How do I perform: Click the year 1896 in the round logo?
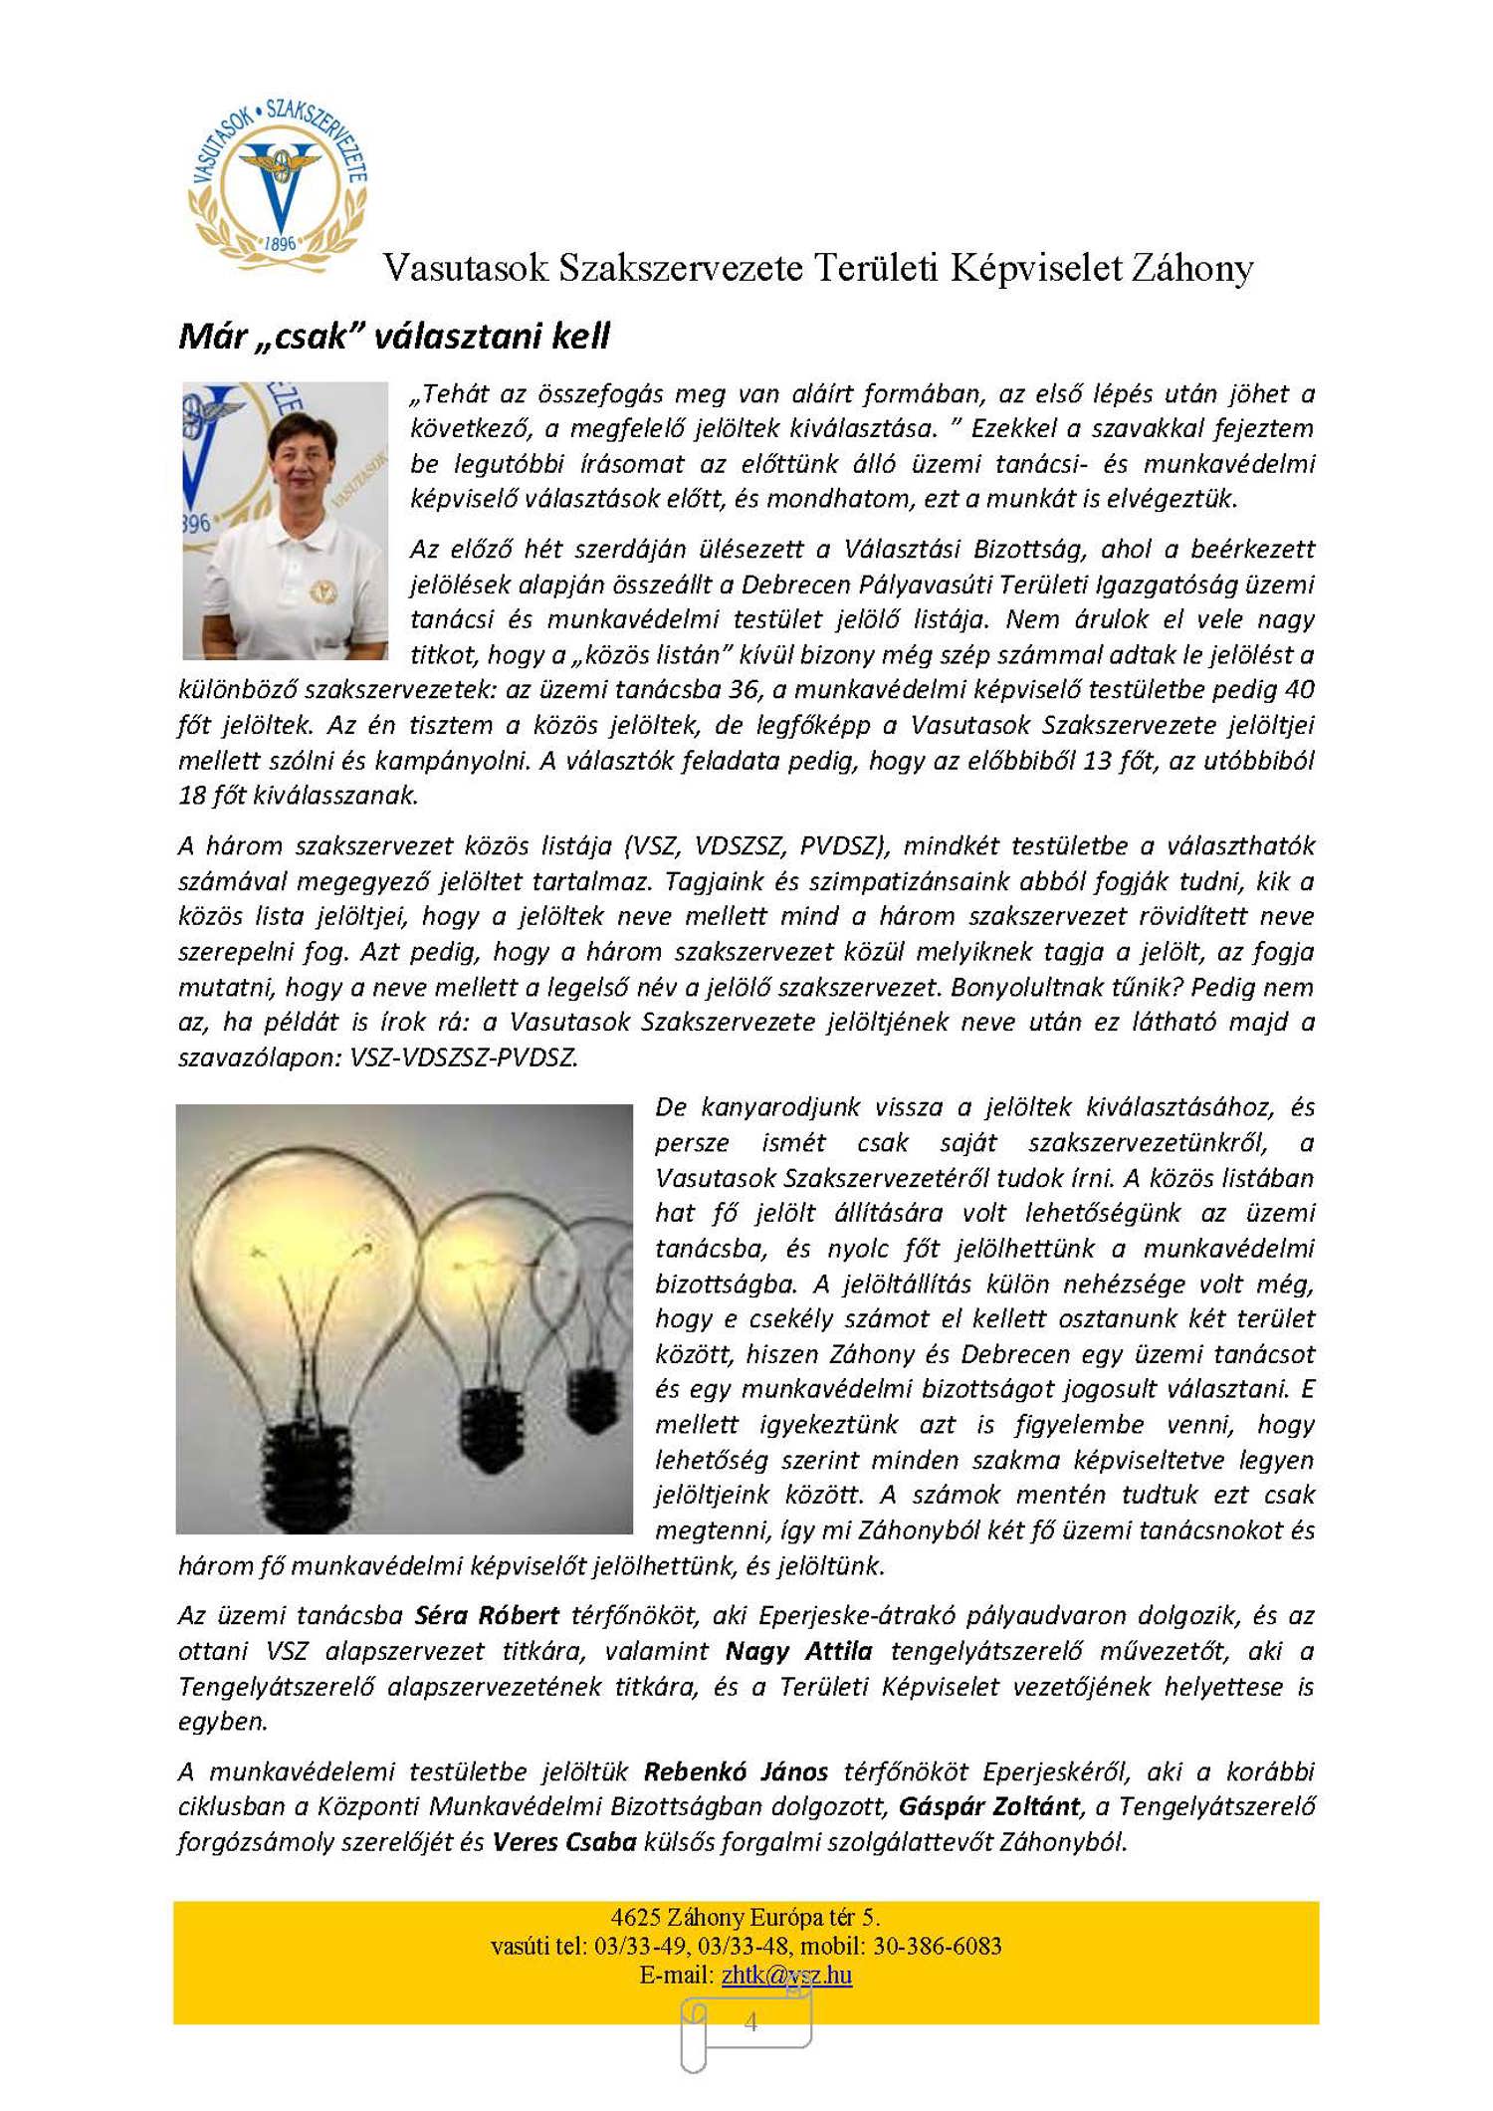(x=280, y=243)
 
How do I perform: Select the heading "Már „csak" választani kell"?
(x=393, y=337)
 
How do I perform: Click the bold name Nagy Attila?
(x=798, y=1651)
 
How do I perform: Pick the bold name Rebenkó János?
(x=736, y=1771)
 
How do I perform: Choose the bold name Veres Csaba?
(x=564, y=1842)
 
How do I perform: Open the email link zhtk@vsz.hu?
(x=786, y=1975)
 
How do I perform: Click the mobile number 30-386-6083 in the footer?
(x=937, y=1946)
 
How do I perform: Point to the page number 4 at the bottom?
(x=750, y=2021)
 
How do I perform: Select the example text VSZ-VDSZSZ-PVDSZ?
(x=463, y=1057)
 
